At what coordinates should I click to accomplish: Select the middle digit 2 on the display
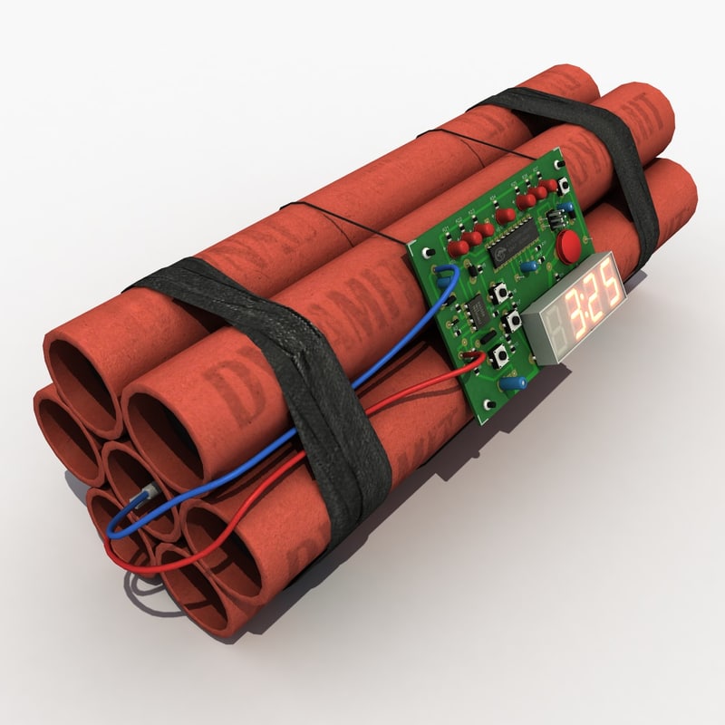pos(594,300)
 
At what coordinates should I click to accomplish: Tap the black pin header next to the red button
pos(549,221)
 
